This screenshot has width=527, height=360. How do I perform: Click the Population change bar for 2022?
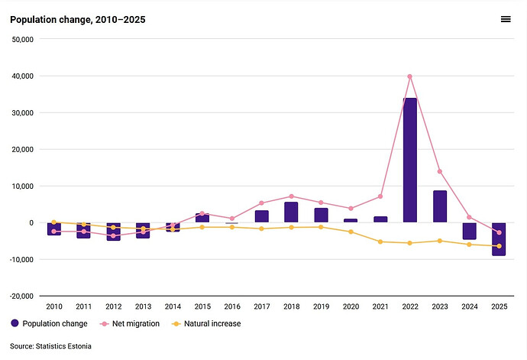pos(409,161)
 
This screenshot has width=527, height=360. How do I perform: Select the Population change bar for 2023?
pos(440,206)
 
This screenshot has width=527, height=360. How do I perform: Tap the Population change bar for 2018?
pos(291,212)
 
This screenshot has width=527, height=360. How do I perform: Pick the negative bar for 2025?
pos(499,239)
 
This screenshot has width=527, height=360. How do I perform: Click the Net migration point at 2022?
pos(409,76)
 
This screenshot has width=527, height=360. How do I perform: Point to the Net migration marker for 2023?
pos(440,171)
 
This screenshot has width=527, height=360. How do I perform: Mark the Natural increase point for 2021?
pos(380,242)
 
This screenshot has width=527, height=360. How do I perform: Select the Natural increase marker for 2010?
pos(53,222)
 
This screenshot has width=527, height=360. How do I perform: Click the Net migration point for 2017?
pos(261,203)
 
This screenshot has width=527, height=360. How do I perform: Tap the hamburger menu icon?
pos(506,19)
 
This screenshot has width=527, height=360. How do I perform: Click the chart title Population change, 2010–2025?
pos(78,20)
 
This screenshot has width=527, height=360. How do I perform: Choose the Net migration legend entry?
pos(130,323)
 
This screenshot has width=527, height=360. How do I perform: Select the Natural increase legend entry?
pos(206,323)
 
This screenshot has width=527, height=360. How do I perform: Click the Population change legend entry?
pos(49,323)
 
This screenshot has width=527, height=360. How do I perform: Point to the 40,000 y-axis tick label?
pos(23,76)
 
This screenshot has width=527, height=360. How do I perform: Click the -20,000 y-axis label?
pos(22,296)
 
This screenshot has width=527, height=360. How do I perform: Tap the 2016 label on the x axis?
pos(232,306)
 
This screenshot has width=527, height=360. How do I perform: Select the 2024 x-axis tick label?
pos(470,306)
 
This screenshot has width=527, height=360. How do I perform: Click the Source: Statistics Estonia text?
pos(50,346)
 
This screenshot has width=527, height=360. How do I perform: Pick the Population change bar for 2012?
pos(113,232)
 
